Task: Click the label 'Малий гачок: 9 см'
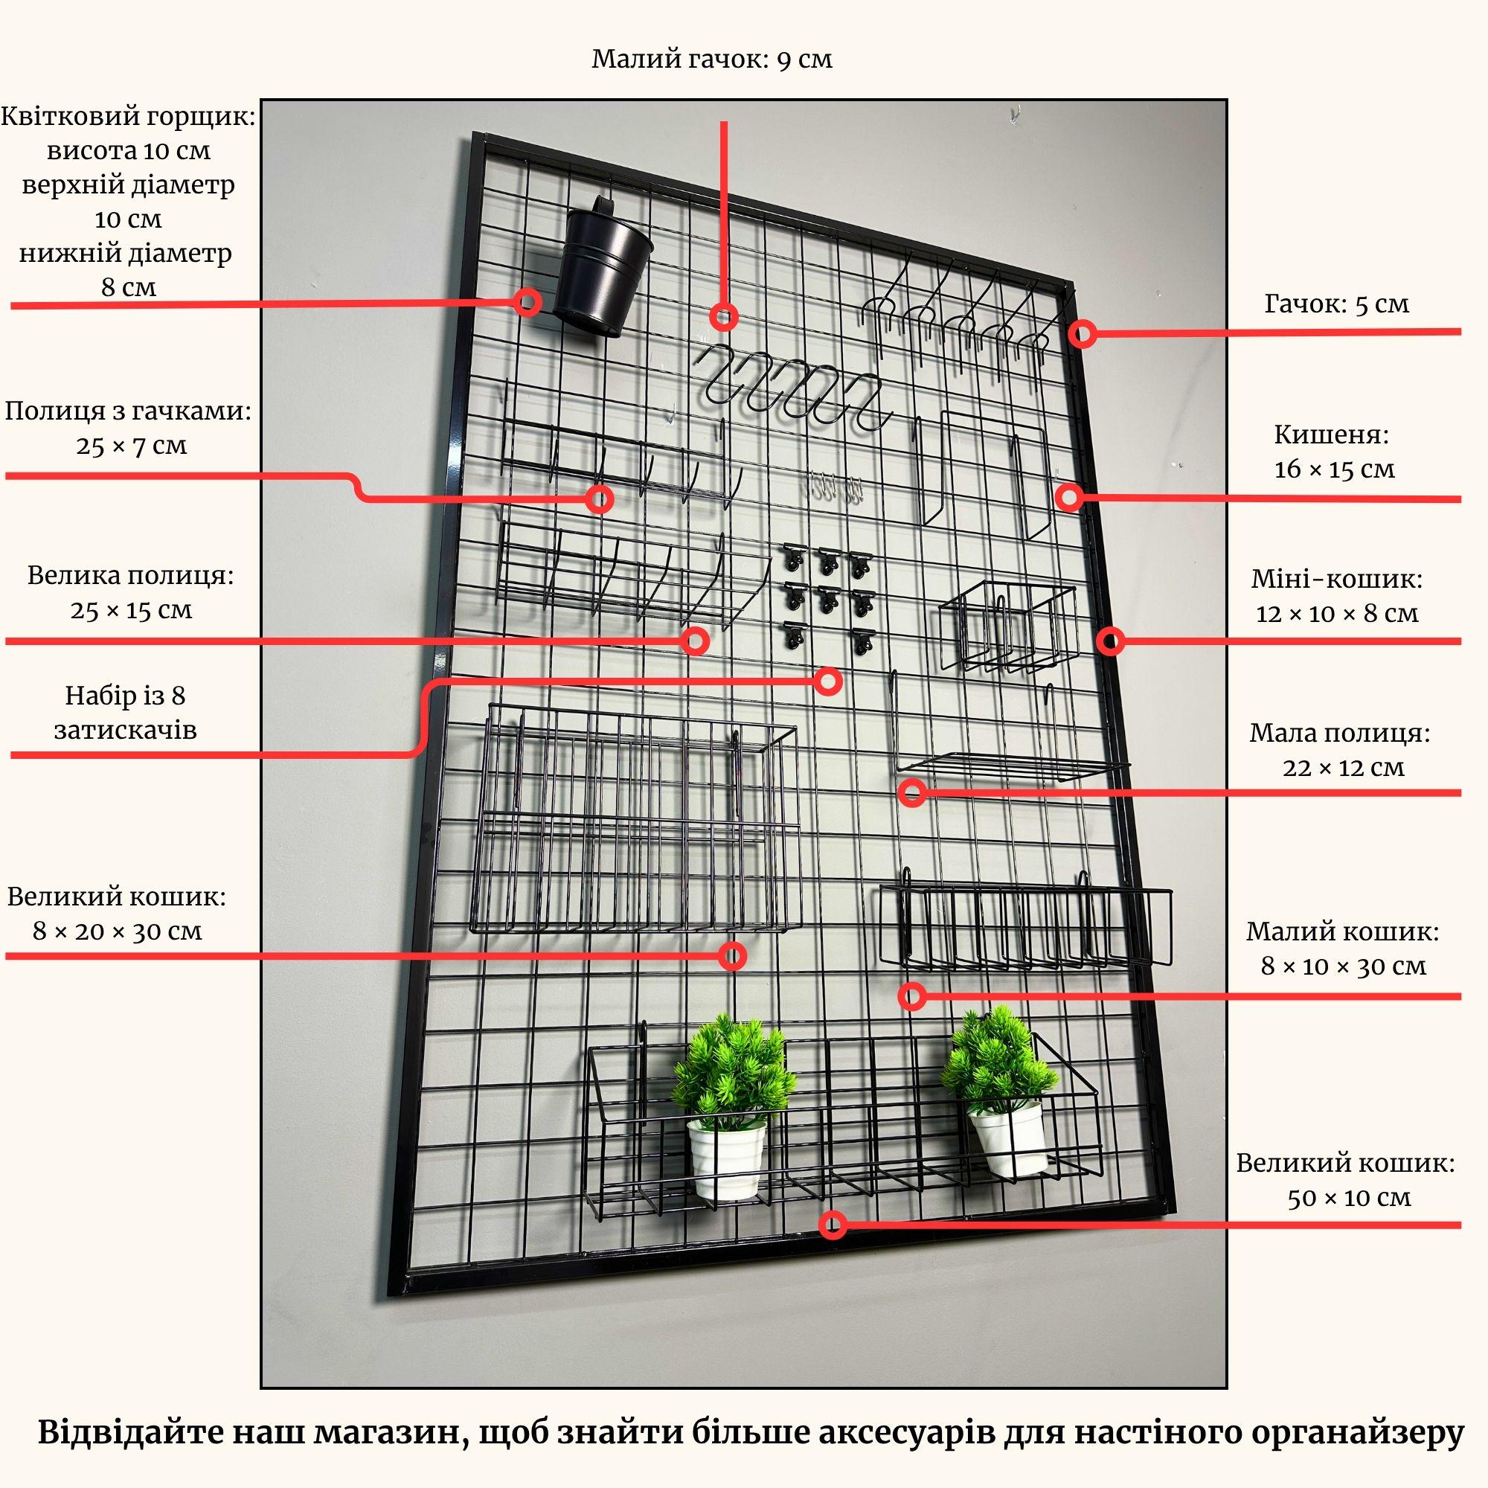pyautogui.click(x=712, y=60)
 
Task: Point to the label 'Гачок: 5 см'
pyautogui.click(x=1336, y=304)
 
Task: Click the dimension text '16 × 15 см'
pyautogui.click(x=1334, y=469)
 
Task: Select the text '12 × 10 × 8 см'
pyautogui.click(x=1336, y=614)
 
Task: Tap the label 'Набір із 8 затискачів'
pyautogui.click(x=126, y=713)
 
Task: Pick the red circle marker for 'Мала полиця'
pyautogui.click(x=913, y=792)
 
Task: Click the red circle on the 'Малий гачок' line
pyautogui.click(x=724, y=315)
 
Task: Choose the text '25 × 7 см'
pyautogui.click(x=132, y=446)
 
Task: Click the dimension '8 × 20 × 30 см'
pyautogui.click(x=117, y=932)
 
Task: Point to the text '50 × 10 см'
pyautogui.click(x=1349, y=1198)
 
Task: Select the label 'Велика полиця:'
pyautogui.click(x=130, y=575)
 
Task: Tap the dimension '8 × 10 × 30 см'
pyautogui.click(x=1343, y=966)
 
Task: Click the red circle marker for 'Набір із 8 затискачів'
pyautogui.click(x=829, y=680)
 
